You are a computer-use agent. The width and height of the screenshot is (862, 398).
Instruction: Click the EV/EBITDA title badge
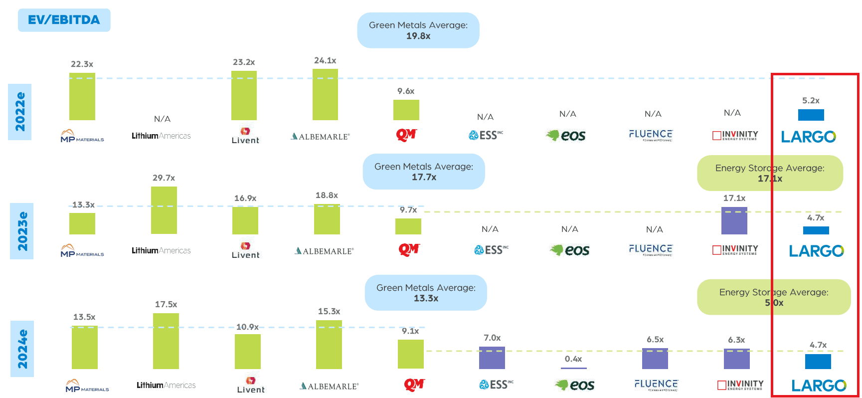[x=64, y=20]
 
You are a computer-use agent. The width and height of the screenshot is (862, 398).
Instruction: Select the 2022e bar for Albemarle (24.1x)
[x=325, y=95]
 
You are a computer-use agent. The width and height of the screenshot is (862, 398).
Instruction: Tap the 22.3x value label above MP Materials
[x=82, y=64]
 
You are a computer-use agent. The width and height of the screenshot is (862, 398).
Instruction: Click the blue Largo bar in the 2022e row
[x=811, y=115]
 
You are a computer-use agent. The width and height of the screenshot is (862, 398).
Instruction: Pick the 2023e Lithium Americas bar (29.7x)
[x=164, y=210]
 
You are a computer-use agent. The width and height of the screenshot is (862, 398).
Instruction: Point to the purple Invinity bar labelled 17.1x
[x=734, y=220]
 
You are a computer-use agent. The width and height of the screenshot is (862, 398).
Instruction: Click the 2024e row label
[x=22, y=349]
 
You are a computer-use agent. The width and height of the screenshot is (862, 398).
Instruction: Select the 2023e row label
[x=22, y=231]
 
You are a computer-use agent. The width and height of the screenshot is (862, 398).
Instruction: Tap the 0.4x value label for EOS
[x=573, y=359]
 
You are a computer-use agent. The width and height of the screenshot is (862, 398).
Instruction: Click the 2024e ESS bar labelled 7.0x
[x=492, y=358]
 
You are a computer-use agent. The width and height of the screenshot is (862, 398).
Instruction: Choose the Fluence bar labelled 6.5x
[x=655, y=359]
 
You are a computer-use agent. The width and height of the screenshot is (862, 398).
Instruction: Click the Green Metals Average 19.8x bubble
[x=418, y=30]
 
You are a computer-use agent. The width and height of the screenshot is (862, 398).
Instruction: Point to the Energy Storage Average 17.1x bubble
[x=770, y=173]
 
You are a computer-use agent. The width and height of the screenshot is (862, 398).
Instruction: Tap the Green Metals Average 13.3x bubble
[x=426, y=293]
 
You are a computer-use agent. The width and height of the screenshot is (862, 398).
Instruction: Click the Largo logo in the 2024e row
[x=819, y=386]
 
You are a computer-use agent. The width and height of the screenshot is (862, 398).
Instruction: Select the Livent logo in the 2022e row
[x=245, y=136]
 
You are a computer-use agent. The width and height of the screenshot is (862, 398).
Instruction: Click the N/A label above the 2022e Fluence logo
[x=653, y=114]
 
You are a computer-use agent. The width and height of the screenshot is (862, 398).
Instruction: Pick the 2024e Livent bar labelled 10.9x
[x=248, y=351]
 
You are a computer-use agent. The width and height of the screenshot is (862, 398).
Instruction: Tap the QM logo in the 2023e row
[x=409, y=249]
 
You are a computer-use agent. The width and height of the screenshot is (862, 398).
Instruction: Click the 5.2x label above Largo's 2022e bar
[x=811, y=101]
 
